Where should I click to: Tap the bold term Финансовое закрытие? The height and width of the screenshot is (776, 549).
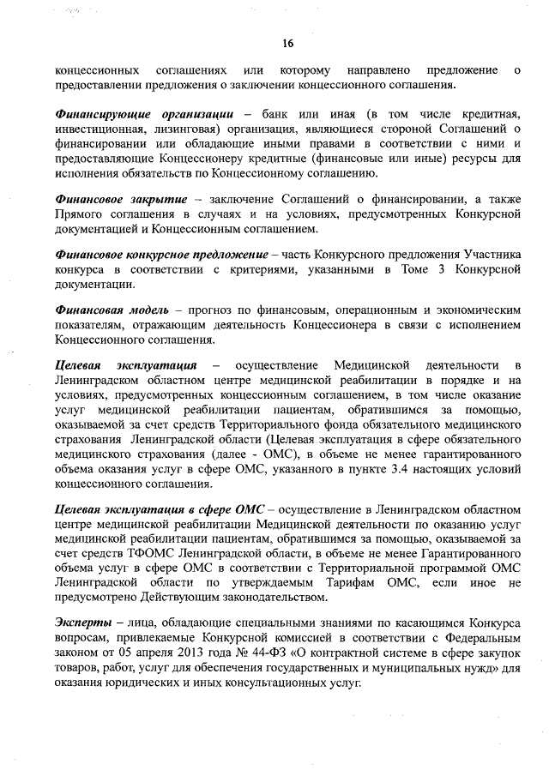click(x=121, y=198)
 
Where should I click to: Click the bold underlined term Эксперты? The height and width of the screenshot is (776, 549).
click(x=83, y=623)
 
